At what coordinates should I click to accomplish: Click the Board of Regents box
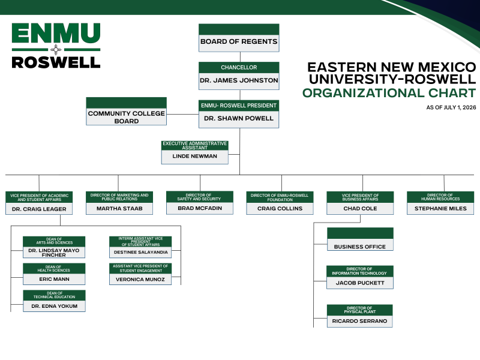[x=239, y=38]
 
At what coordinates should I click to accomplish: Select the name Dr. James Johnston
[x=239, y=80]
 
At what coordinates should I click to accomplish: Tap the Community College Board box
[x=126, y=111]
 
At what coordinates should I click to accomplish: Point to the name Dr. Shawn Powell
[x=239, y=118]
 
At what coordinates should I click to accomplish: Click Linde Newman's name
[x=194, y=156]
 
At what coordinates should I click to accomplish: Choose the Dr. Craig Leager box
[x=39, y=203]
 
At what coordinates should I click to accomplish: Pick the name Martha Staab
[x=119, y=208]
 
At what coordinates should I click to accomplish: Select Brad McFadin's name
[x=200, y=208]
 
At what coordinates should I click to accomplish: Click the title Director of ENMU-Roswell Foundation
[x=280, y=197]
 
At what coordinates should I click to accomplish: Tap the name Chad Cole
[x=360, y=208]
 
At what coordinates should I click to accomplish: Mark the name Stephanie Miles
[x=440, y=208]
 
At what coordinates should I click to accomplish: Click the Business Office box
[x=360, y=239]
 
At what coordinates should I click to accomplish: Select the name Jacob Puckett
[x=360, y=283]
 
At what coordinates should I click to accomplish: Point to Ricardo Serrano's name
[x=359, y=321]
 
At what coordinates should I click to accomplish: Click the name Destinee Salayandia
[x=140, y=252]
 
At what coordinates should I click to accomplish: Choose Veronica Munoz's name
[x=140, y=280]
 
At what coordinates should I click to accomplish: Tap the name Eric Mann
[x=54, y=279]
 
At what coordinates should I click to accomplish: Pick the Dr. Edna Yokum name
[x=54, y=306]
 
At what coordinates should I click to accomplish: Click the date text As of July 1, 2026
[x=451, y=107]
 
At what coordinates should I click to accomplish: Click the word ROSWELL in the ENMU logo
[x=56, y=62]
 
